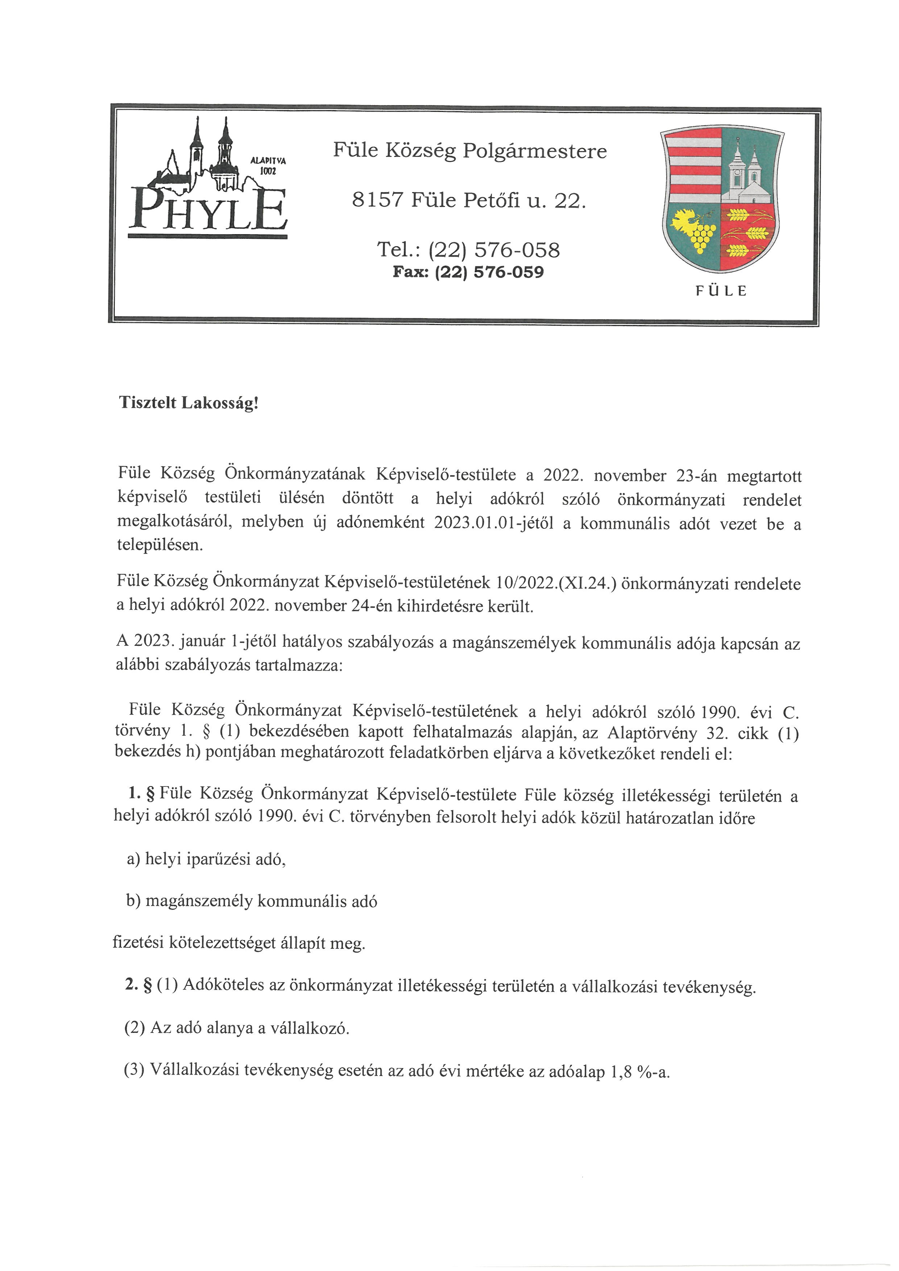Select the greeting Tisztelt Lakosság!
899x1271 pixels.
pos(189,403)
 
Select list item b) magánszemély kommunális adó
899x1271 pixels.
pos(252,901)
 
